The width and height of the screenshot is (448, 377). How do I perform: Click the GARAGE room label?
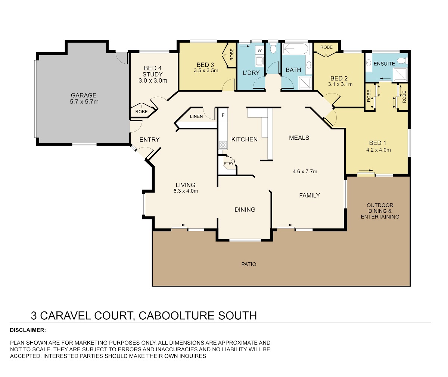pos(84,95)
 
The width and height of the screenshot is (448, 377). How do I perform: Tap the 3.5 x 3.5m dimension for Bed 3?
pos(206,70)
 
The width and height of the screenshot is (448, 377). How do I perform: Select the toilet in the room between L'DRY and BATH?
pos(273,48)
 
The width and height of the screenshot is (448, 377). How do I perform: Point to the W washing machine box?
pos(259,50)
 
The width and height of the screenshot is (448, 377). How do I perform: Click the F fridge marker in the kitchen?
pos(223,115)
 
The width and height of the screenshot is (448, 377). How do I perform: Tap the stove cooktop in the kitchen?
pos(223,145)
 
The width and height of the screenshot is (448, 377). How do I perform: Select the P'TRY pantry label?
pos(228,163)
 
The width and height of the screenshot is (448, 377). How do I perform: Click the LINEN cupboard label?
pos(196,116)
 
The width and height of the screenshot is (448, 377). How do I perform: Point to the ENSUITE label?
pos(384,64)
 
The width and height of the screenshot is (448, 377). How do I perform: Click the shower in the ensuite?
pos(400,75)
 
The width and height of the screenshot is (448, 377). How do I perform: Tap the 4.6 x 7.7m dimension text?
pos(305,171)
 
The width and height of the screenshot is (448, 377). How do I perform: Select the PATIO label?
pos(249,264)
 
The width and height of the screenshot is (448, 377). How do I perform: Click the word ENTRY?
pos(149,140)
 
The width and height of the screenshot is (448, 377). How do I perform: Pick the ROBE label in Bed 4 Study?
pos(141,111)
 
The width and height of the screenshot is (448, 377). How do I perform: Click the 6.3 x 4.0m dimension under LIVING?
pos(186,191)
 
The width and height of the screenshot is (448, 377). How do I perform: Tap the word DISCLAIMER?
pos(28,330)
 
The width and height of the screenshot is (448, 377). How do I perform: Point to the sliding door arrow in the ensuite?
pos(385,78)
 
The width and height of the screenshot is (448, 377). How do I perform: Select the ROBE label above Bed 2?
pos(326,47)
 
